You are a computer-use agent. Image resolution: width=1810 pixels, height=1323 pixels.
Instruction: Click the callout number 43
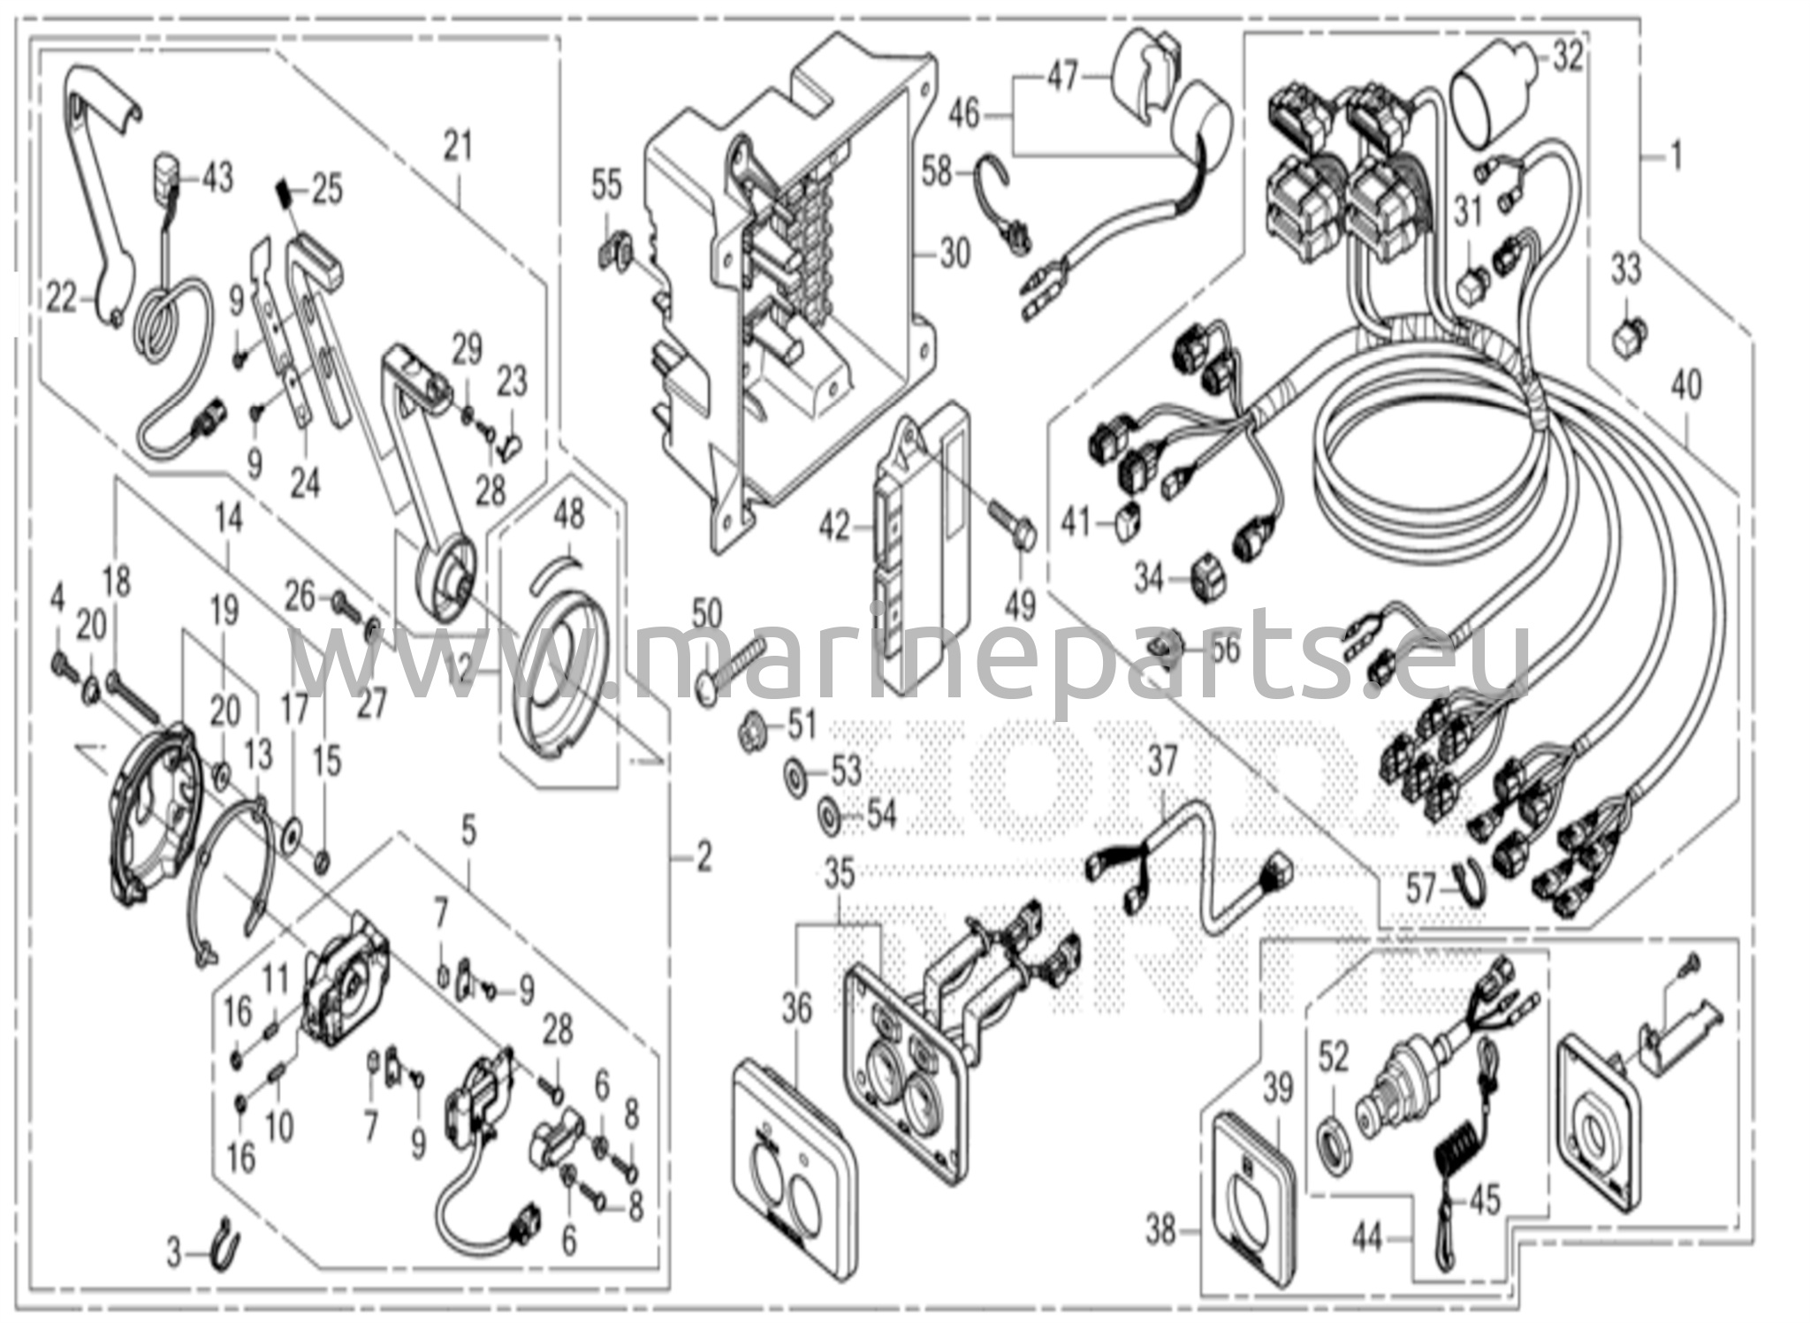(x=216, y=178)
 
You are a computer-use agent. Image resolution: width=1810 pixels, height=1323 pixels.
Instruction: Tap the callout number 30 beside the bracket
(x=954, y=254)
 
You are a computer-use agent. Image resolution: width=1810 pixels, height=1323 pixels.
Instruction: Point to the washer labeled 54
(x=831, y=813)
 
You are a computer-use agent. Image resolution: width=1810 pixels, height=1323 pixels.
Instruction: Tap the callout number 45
(x=1484, y=1200)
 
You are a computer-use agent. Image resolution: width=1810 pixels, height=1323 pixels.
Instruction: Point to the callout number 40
(x=1686, y=386)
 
